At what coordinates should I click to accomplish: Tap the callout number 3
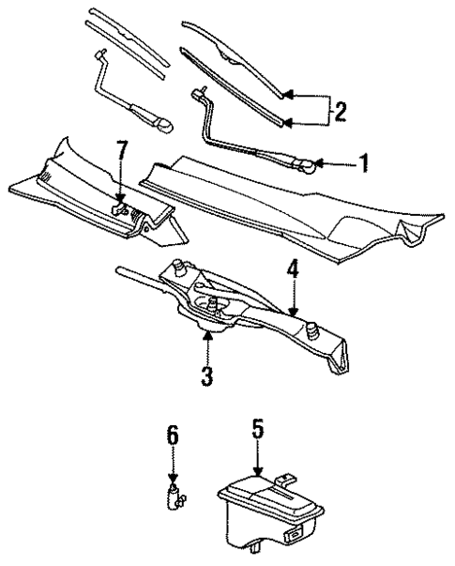tap(206, 377)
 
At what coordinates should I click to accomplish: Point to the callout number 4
tap(293, 269)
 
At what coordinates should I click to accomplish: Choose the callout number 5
tap(258, 428)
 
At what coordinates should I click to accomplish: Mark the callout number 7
tap(121, 148)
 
